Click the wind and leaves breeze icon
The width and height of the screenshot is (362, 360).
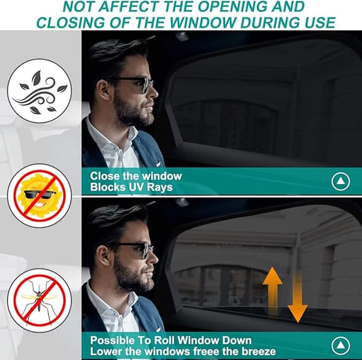[x=39, y=90]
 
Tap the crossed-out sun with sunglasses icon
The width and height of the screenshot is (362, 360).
[x=39, y=196]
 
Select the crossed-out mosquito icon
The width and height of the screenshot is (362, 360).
[x=39, y=300]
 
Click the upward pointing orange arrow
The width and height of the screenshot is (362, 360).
[x=273, y=290]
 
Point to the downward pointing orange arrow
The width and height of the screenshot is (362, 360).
[x=297, y=298]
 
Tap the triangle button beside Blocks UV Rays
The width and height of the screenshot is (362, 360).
[x=340, y=182]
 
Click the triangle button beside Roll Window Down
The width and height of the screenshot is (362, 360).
[x=340, y=346]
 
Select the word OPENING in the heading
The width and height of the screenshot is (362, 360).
[x=233, y=6]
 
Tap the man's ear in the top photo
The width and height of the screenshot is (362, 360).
[x=104, y=89]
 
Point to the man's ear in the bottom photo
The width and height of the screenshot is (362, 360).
[x=104, y=255]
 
